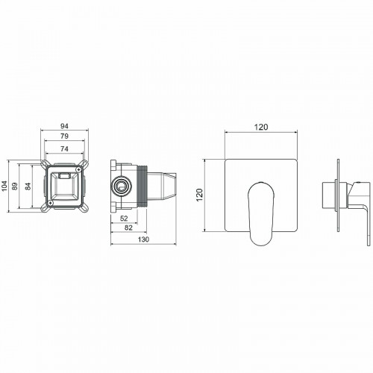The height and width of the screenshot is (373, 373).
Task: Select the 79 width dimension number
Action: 66,138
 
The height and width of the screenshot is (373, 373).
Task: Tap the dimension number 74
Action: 66,149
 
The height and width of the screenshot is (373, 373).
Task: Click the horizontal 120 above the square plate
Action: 261,128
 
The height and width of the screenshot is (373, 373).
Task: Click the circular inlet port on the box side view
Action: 120,184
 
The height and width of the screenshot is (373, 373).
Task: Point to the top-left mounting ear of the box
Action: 44,163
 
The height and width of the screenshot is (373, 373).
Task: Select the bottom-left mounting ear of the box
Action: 44,207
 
